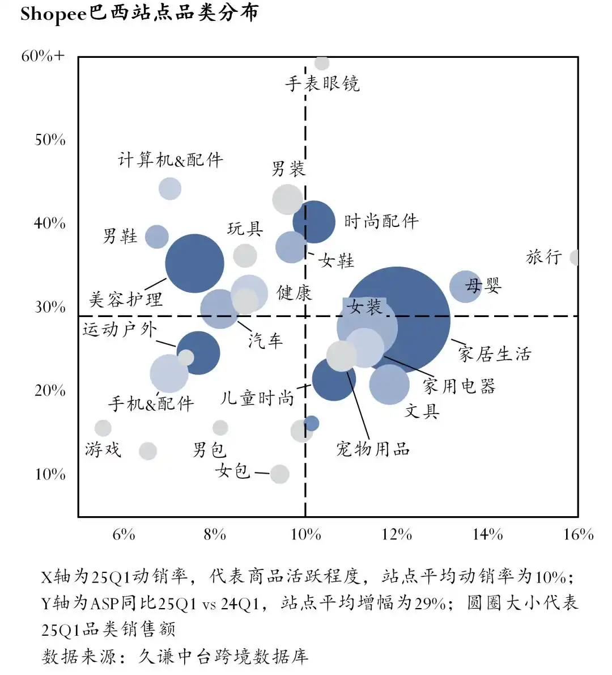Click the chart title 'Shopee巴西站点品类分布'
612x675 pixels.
point(139,14)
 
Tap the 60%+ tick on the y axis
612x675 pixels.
point(43,56)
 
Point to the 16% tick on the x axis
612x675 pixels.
point(578,534)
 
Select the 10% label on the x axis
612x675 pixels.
point(305,534)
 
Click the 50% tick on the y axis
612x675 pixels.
point(50,140)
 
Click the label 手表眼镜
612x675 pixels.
point(322,84)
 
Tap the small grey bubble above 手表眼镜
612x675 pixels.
point(322,62)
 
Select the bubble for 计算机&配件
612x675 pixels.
point(170,188)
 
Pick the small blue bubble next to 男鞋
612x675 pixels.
point(157,237)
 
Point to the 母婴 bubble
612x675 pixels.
point(465,286)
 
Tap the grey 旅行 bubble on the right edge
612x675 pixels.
point(575,258)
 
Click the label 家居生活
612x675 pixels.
point(495,355)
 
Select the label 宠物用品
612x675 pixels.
point(373,450)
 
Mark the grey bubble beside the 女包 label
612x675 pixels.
point(279,474)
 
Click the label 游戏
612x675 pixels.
point(103,450)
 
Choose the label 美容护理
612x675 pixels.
point(126,299)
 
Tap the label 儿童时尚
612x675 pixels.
point(257,398)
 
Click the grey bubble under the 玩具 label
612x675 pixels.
point(245,256)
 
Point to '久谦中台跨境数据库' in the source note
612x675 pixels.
point(223,657)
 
